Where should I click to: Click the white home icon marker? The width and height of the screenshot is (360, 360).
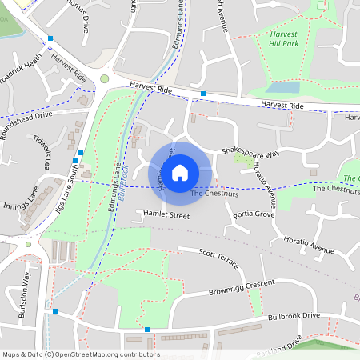coord(180,172)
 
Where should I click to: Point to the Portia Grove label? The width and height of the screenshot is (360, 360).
coord(254,215)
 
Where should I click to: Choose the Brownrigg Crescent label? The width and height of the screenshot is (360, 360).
coord(241,287)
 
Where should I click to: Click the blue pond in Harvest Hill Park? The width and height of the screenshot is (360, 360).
coord(282,87)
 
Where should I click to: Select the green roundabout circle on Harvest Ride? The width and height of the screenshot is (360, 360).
coord(105,78)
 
